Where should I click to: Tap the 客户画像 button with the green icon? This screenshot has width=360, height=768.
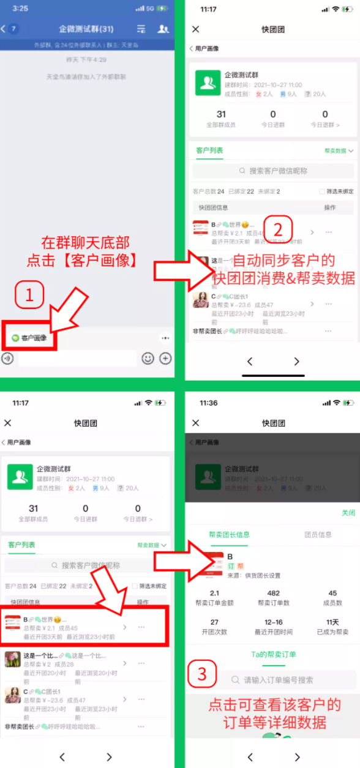click(30, 338)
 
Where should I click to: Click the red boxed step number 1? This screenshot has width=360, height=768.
click(29, 297)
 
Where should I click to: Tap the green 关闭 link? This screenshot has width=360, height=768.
click(348, 513)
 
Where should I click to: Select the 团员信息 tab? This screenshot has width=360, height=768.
click(318, 535)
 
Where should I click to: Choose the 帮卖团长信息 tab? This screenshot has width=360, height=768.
click(229, 535)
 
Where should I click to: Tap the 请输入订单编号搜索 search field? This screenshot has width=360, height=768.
click(279, 680)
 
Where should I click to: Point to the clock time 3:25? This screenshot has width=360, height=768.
click(20, 9)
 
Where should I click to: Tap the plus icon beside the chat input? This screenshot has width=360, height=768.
click(165, 359)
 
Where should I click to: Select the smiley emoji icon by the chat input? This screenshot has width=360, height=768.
click(148, 359)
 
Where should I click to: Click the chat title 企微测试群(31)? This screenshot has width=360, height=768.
click(86, 29)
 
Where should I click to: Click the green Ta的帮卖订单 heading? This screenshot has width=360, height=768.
click(274, 654)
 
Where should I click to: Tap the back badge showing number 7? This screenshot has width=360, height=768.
click(13, 29)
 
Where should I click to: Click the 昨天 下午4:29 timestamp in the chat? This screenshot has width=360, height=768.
click(86, 60)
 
